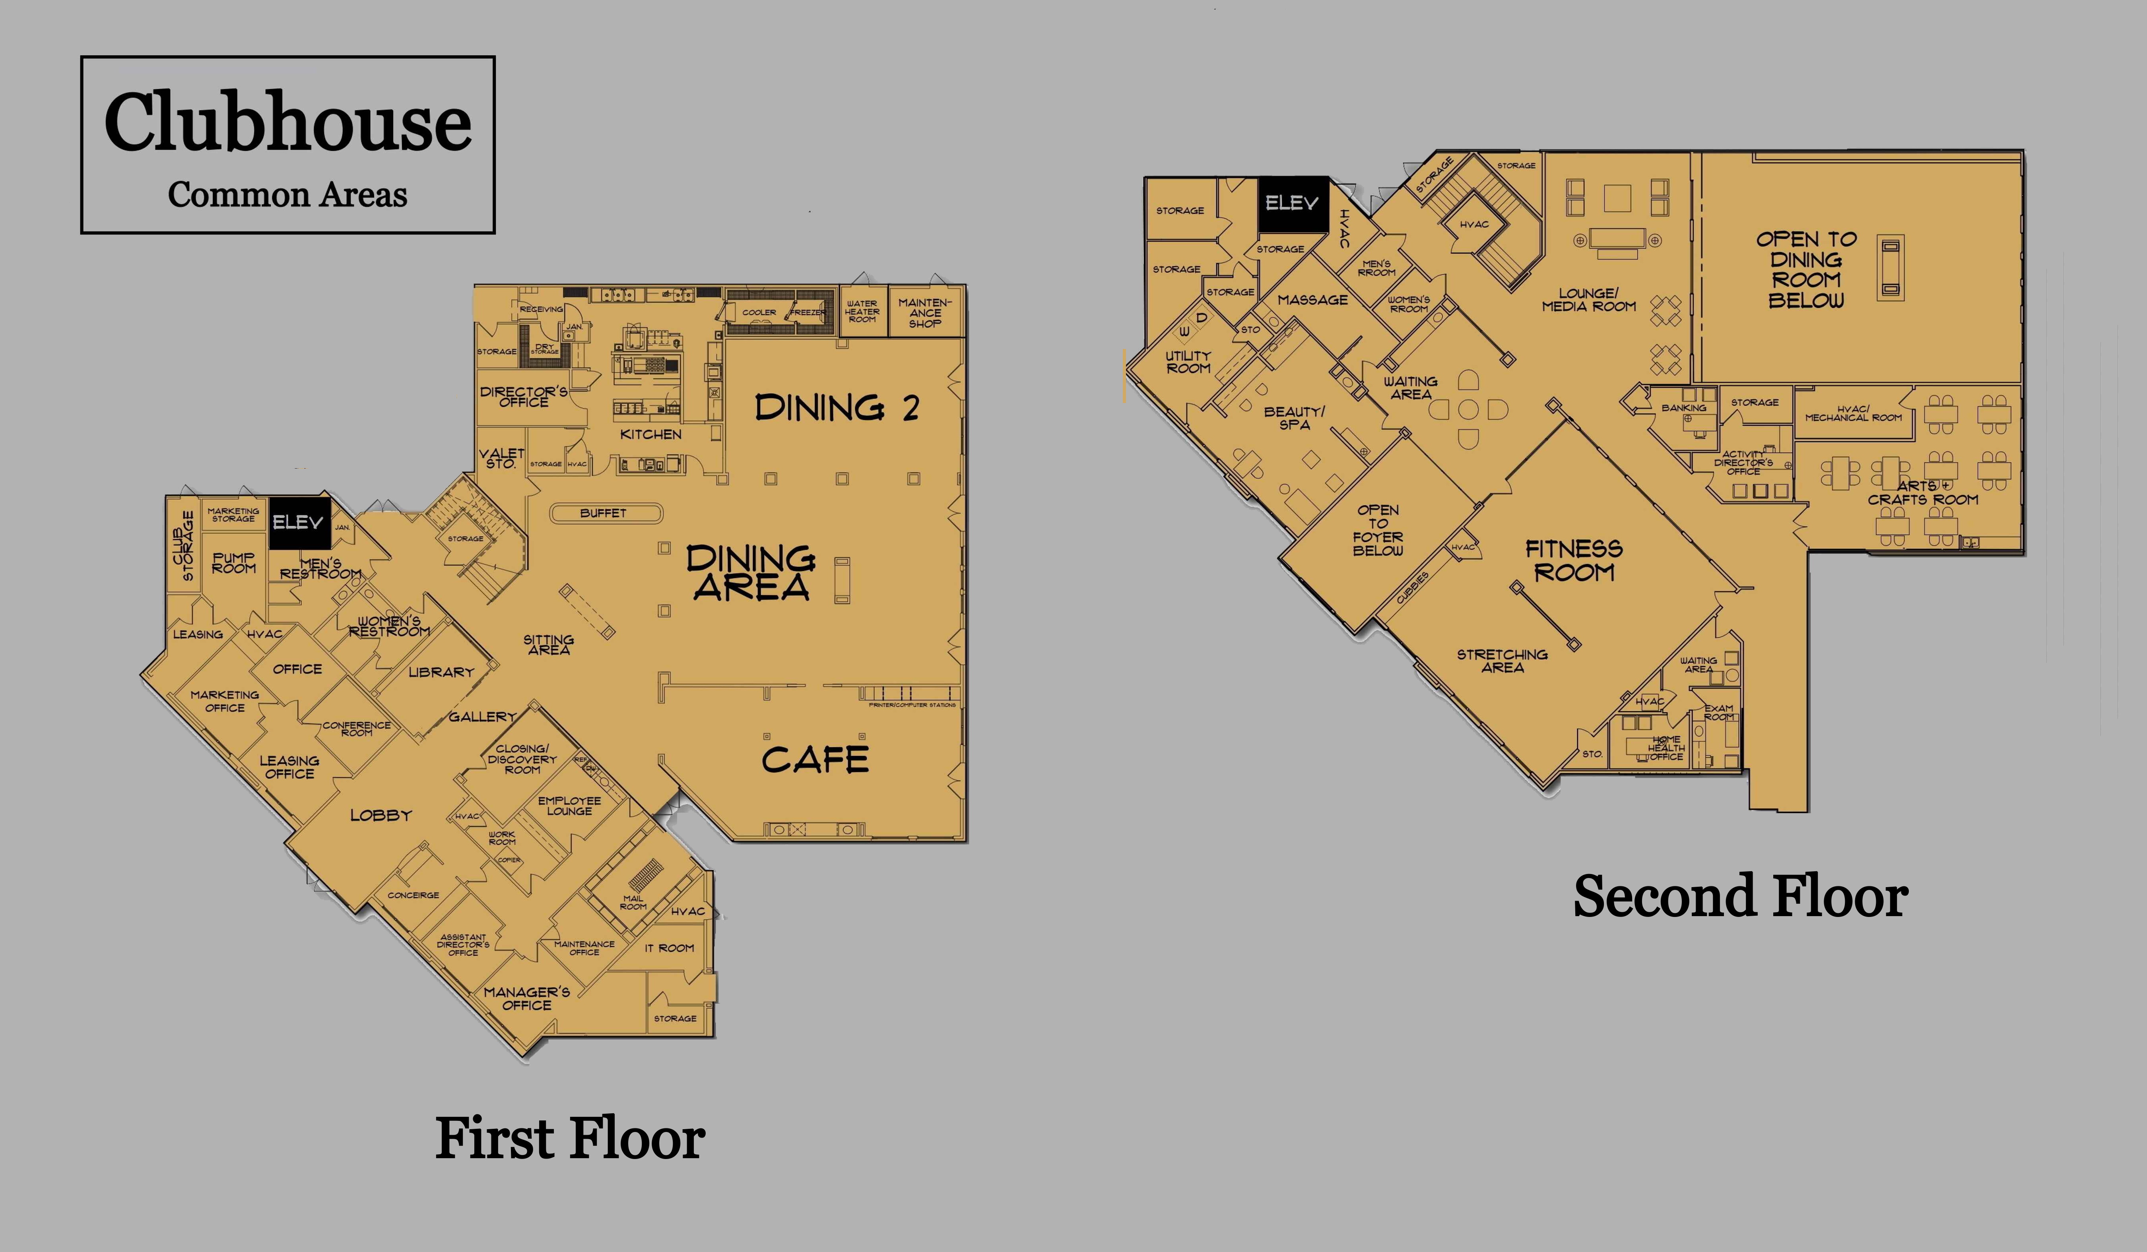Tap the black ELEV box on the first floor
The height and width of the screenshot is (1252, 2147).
point(297,522)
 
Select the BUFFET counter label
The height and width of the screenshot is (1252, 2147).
point(603,513)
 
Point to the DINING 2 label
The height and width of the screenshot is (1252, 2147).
point(837,408)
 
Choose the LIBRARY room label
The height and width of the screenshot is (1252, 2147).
point(441,672)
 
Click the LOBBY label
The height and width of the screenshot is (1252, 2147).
point(381,815)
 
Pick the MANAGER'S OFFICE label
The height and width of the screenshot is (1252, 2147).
point(526,998)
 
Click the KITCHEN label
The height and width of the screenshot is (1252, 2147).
point(651,434)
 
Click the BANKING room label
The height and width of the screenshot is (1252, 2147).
point(1683,408)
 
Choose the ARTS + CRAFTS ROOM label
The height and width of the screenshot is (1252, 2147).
point(1923,492)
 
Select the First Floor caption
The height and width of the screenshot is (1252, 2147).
point(570,1139)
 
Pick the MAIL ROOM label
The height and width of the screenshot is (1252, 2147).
point(633,902)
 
